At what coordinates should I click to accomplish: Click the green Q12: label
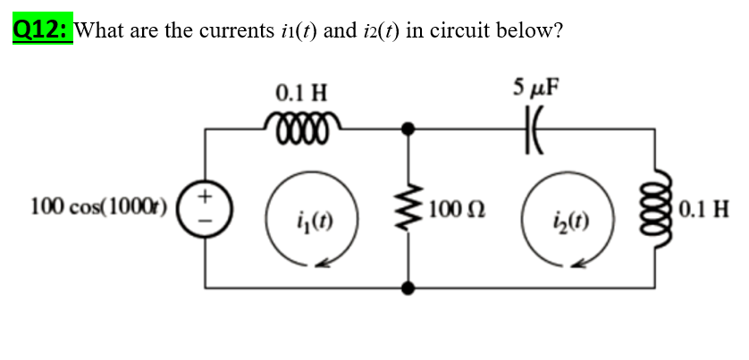42,29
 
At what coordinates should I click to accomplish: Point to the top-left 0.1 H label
301,92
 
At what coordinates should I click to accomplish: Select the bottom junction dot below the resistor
410,288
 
